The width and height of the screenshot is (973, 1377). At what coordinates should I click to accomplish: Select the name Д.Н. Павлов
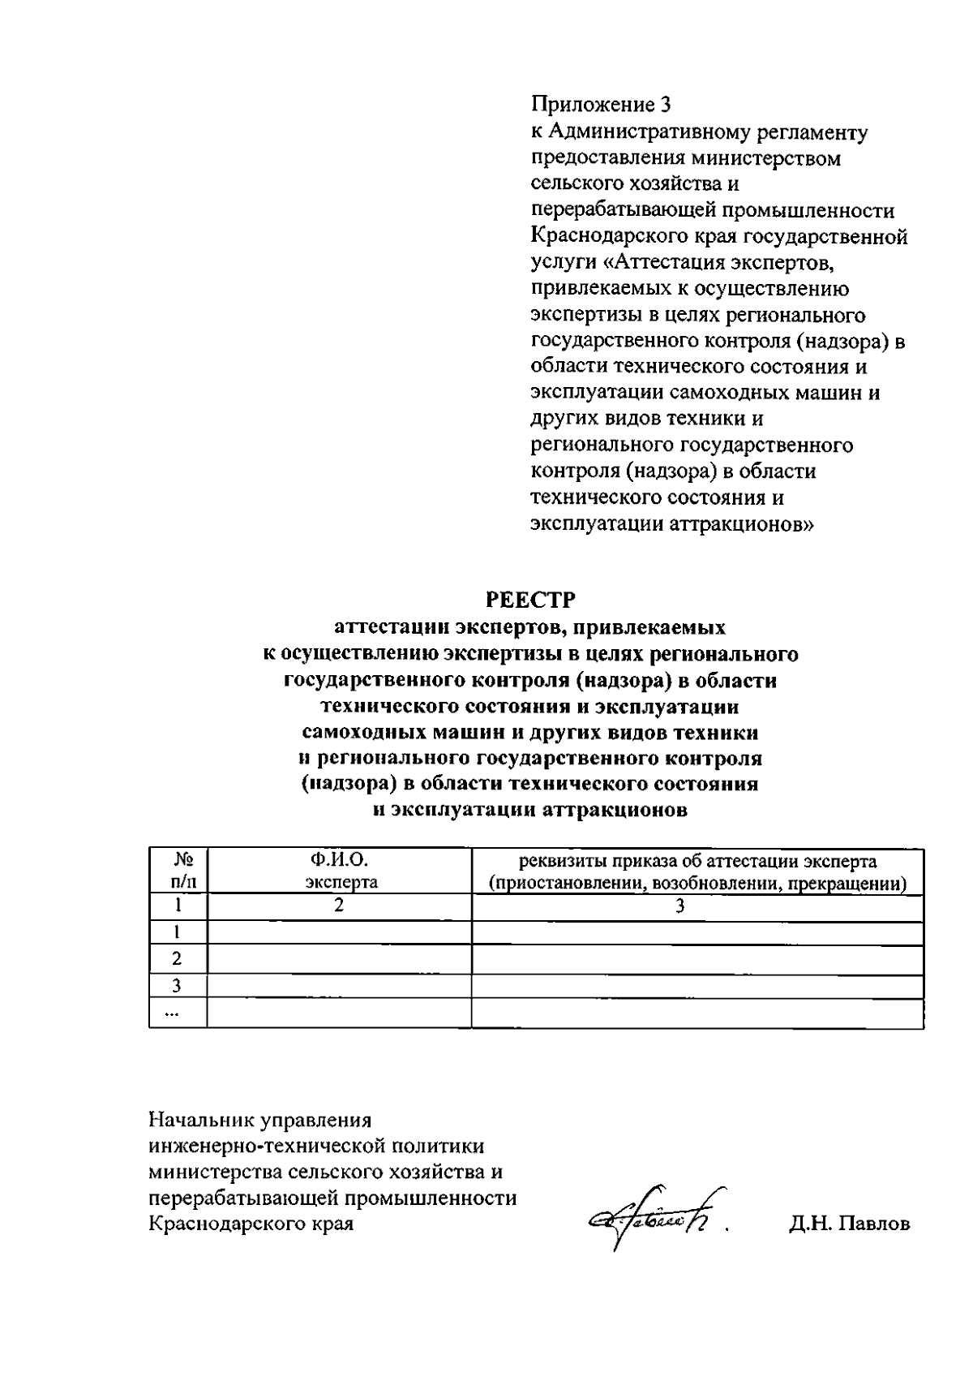(x=849, y=1224)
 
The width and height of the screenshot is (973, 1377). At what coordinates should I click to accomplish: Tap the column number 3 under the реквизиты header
(x=680, y=906)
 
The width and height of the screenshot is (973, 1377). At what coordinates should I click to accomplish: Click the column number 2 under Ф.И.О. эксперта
(x=339, y=906)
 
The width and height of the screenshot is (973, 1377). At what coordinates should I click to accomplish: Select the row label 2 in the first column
(x=177, y=959)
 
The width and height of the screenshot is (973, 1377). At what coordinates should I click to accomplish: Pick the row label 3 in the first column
(x=177, y=986)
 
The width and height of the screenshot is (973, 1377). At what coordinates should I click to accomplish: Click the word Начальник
(x=201, y=1120)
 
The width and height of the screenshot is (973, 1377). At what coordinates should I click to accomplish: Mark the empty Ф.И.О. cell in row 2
(x=339, y=959)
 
